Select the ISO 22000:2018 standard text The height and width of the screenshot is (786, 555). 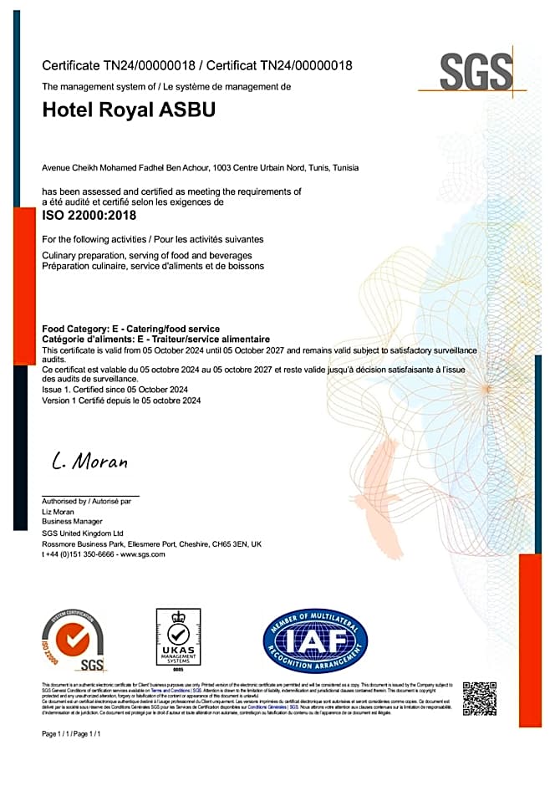89,215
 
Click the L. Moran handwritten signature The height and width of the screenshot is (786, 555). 89,461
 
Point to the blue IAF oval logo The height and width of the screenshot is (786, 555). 315,642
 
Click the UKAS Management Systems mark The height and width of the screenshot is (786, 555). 179,641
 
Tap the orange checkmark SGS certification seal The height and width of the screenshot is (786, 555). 74,641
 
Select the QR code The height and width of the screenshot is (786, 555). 479,698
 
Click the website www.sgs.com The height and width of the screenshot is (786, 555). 142,554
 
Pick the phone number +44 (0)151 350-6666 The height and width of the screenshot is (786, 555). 77,554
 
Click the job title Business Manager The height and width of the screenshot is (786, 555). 70,522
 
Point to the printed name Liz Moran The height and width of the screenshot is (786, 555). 59,511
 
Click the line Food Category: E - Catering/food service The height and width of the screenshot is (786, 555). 130,329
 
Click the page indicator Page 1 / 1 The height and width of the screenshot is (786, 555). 71,733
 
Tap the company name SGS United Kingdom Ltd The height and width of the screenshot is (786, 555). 83,533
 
